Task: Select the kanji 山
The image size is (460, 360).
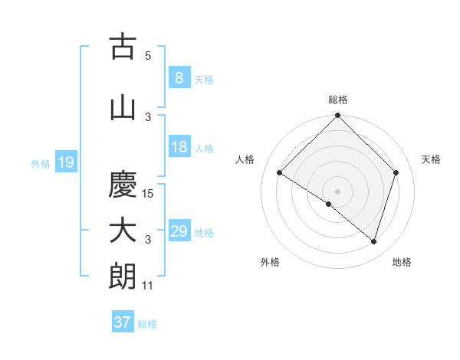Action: [123, 108]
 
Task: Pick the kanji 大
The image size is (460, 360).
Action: [123, 231]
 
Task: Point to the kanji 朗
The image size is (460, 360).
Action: [123, 277]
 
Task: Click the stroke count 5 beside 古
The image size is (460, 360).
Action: [148, 55]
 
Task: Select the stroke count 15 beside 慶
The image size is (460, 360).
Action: [149, 193]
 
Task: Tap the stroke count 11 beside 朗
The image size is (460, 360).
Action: [149, 286]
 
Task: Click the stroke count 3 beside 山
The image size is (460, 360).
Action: [148, 116]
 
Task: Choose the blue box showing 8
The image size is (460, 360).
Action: [179, 78]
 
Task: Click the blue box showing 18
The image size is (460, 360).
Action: [179, 147]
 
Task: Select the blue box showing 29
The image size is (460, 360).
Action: [179, 231]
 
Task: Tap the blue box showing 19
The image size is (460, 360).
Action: [65, 162]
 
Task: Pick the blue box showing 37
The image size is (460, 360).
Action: [122, 322]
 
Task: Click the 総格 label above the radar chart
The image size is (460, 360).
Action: [337, 100]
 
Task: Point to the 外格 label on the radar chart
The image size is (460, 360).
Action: [270, 263]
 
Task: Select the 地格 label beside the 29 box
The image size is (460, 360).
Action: [204, 232]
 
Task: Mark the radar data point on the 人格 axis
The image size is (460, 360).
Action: [279, 173]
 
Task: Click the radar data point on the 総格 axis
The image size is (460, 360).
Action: [337, 116]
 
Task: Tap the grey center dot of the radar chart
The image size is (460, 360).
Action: [337, 191]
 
